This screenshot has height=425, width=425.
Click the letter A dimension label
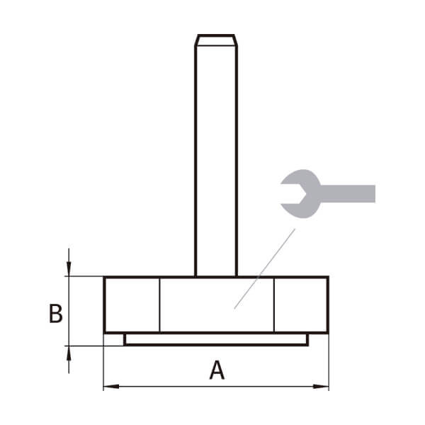[x=217, y=370]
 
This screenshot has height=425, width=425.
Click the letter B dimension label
[x=55, y=313]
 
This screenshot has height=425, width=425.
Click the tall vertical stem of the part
[x=216, y=156]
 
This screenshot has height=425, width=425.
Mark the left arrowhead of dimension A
[x=109, y=387]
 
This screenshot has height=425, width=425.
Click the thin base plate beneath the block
[x=216, y=340]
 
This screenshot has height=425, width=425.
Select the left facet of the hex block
[x=132, y=305]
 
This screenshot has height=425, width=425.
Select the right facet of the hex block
[x=300, y=305]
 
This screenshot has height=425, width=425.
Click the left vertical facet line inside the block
[x=159, y=305]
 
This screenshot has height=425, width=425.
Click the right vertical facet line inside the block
[x=273, y=305]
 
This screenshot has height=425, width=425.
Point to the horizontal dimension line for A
[x=177, y=387]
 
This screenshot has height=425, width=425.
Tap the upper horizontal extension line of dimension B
[x=85, y=276]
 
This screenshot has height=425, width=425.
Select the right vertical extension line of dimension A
[x=329, y=361]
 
